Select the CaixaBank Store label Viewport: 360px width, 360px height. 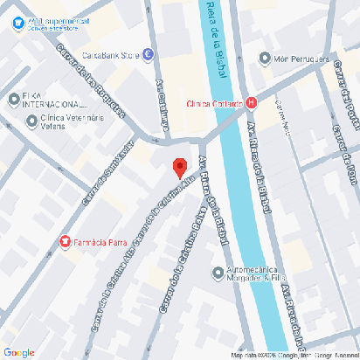(110, 55)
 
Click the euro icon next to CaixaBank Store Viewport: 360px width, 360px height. (149, 55)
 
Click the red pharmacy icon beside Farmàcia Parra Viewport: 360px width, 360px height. (64, 240)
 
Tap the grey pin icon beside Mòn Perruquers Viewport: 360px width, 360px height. (265, 59)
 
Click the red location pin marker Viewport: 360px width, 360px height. (179, 167)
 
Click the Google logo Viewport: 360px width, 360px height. (19, 352)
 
